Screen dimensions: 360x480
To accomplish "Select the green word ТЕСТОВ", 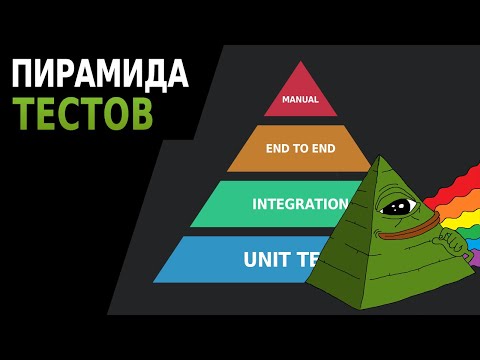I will pyautogui.click(x=82, y=114).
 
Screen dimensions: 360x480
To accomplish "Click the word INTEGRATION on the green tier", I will pyautogui.click(x=299, y=204).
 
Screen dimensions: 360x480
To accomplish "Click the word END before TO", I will pyautogui.click(x=278, y=151).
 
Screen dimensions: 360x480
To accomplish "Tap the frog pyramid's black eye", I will pyautogui.click(x=400, y=206).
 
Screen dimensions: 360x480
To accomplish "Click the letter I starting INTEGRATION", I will pyautogui.click(x=255, y=204).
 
